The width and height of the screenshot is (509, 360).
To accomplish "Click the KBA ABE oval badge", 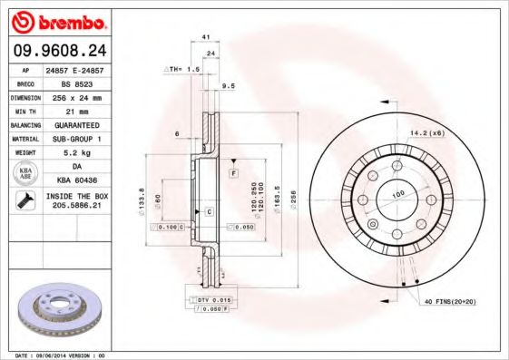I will (25, 174).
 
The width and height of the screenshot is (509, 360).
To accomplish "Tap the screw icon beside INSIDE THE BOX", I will (24, 201).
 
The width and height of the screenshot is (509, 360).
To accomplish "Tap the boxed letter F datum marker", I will (233, 171).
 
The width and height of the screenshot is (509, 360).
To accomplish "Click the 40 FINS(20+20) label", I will (447, 300).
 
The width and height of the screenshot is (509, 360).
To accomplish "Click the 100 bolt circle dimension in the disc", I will (397, 194).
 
